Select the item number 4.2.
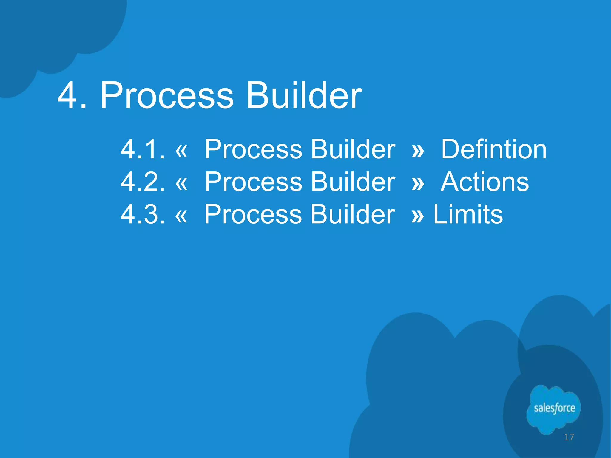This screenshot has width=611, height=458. click(x=143, y=182)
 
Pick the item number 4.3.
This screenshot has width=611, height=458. click(x=143, y=214)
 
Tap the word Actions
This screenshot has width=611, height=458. click(x=485, y=182)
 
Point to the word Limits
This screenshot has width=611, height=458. click(x=468, y=214)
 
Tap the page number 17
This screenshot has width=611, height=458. click(x=569, y=437)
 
